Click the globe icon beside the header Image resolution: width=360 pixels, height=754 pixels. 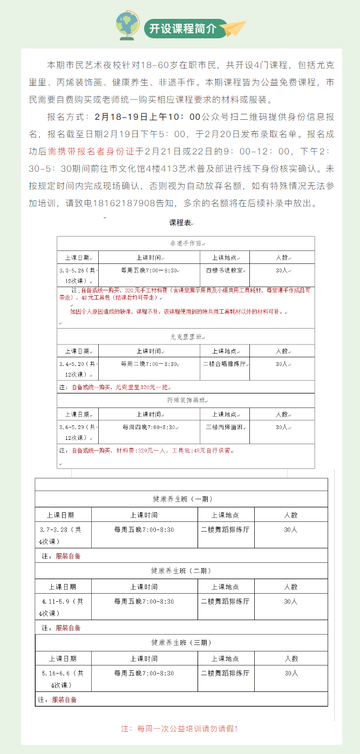(128, 25)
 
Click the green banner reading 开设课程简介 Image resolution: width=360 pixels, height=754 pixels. (181, 29)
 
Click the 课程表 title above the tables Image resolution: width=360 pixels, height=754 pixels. (180, 222)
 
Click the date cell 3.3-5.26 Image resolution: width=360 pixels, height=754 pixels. (78, 275)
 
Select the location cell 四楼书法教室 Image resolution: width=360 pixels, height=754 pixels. (225, 270)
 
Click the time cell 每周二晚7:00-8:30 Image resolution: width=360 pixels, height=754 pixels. (149, 364)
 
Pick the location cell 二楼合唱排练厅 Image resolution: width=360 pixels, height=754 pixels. (225, 364)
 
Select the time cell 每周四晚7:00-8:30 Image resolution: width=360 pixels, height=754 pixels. (149, 427)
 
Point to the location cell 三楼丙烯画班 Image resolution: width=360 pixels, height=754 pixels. (225, 427)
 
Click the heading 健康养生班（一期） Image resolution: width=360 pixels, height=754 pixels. (181, 499)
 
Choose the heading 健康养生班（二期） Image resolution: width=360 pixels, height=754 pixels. (181, 570)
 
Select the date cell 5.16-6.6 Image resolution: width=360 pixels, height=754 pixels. (63, 678)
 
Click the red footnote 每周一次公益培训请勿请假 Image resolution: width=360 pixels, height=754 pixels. (180, 728)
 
